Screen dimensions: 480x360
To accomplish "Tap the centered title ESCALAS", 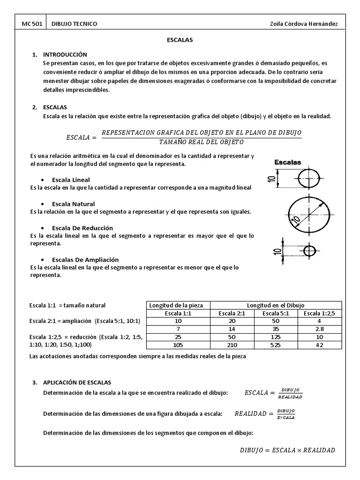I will click(x=180, y=40).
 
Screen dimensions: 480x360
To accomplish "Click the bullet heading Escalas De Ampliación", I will click(x=85, y=260).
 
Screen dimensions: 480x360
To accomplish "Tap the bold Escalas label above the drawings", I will click(x=287, y=163).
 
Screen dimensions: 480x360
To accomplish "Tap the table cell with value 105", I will click(x=179, y=345).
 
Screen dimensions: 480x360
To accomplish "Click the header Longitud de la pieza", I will click(x=179, y=306).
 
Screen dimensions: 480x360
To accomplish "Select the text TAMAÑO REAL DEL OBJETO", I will click(x=201, y=142).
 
